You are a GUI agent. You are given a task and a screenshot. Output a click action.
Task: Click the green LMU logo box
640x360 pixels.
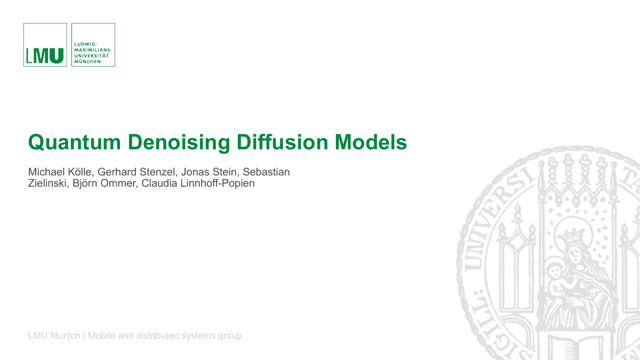point(45,45)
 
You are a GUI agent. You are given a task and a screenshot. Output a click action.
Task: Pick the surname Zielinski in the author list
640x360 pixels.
point(46,184)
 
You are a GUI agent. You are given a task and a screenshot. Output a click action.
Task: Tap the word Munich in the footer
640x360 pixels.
point(65,335)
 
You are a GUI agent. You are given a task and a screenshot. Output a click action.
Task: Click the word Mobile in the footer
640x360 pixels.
point(101,335)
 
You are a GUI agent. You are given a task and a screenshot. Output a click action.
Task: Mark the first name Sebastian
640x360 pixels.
point(266,172)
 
